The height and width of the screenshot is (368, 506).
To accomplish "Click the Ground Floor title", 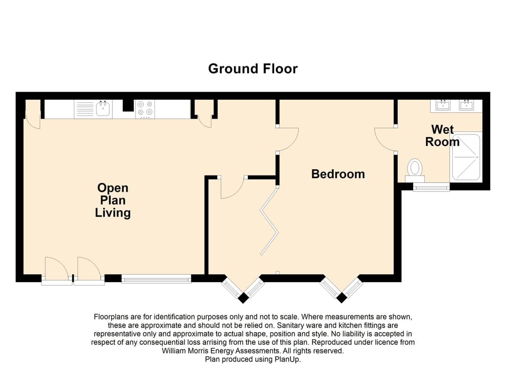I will (253, 69).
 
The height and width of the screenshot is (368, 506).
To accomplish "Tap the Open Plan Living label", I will (113, 200).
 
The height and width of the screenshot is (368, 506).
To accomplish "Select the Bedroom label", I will (338, 174).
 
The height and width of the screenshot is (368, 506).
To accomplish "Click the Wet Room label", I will (442, 135).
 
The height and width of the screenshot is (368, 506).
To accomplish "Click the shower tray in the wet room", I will (466, 157).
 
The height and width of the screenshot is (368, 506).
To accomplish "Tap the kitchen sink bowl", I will (103, 109).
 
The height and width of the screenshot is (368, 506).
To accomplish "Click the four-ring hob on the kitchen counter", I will (145, 109).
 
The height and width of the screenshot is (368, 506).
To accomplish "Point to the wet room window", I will (431, 187).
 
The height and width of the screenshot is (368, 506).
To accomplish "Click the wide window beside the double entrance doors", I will (156, 278).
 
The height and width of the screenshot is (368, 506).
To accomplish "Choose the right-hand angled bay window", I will (342, 287).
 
